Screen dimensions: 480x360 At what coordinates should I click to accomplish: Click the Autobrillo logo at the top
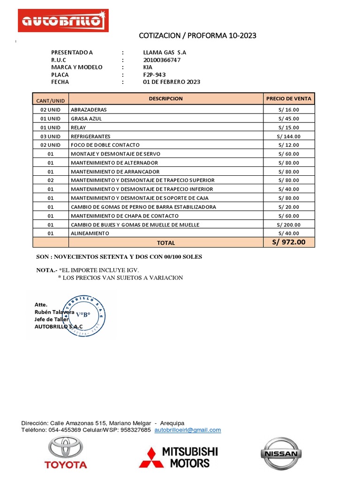[x=63, y=21]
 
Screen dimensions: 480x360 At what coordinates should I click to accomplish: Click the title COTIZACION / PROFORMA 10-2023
[x=198, y=36]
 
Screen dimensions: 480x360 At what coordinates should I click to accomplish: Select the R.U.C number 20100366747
[x=162, y=60]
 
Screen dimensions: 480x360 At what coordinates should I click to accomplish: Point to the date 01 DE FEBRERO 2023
[x=172, y=82]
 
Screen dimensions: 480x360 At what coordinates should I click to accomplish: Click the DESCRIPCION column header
[x=165, y=99]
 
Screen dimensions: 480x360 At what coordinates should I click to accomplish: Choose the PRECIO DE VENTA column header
[x=288, y=99]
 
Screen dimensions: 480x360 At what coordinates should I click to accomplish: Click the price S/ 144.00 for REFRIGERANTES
[x=288, y=136]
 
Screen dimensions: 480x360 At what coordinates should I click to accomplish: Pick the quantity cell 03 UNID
[x=51, y=136]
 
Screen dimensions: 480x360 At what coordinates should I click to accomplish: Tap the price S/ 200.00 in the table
[x=288, y=225]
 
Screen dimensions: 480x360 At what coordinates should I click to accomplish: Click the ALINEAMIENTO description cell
[x=90, y=233]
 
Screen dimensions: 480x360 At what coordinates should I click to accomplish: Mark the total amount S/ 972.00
[x=288, y=242]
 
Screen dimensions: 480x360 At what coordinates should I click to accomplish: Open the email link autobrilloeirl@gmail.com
[x=187, y=430]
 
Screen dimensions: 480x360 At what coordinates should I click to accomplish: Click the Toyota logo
[x=66, y=452]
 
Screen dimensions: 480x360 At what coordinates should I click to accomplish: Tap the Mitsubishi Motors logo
[x=179, y=457]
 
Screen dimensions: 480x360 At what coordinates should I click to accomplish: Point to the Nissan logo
[x=280, y=453]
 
